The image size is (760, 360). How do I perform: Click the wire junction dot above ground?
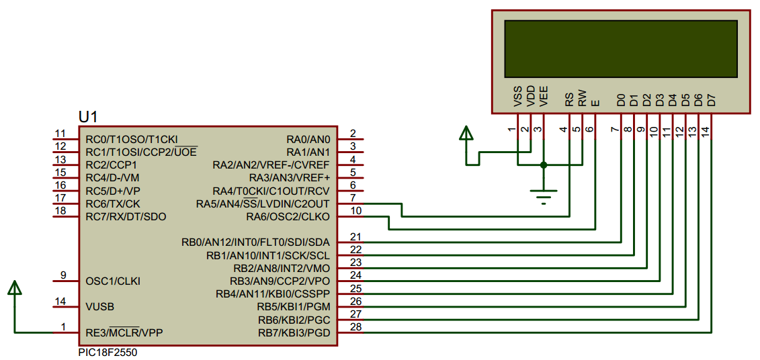(544, 165)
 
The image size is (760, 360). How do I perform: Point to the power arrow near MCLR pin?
(15, 289)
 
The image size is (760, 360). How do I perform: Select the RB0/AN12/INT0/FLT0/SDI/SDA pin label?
(255, 242)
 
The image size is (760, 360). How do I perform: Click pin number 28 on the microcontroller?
(356, 327)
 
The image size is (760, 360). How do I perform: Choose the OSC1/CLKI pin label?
(113, 281)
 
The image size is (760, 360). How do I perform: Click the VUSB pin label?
(99, 306)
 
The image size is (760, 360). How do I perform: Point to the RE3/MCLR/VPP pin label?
(124, 332)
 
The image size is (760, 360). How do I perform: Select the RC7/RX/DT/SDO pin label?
(126, 216)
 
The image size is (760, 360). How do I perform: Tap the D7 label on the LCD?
(712, 100)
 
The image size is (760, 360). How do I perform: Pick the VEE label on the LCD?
(544, 97)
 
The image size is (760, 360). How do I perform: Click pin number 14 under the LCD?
(705, 132)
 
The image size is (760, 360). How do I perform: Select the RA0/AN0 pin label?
(308, 139)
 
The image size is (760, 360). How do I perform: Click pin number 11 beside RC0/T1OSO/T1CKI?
(60, 134)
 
